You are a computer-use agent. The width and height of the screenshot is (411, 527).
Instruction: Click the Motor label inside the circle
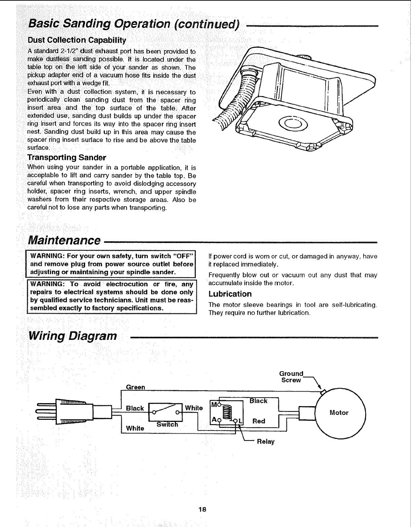pyautogui.click(x=339, y=413)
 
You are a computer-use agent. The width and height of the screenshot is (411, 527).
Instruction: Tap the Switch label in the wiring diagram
pyautogui.click(x=167, y=424)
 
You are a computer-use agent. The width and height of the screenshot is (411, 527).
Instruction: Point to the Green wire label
pyautogui.click(x=135, y=387)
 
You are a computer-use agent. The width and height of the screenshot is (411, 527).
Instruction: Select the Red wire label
pyautogui.click(x=259, y=421)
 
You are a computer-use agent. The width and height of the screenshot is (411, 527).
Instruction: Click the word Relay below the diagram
pyautogui.click(x=266, y=442)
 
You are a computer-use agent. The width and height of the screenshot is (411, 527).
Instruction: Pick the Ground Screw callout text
pyautogui.click(x=291, y=377)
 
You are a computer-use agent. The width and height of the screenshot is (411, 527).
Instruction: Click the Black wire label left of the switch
pyautogui.click(x=135, y=408)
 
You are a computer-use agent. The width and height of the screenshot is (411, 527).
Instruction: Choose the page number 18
pyautogui.click(x=202, y=509)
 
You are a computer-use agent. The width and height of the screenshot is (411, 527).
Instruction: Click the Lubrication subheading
pyautogui.click(x=230, y=294)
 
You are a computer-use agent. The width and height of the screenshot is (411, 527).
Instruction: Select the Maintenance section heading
pyautogui.click(x=64, y=240)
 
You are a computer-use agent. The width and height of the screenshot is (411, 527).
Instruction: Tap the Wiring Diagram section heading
pyautogui.click(x=73, y=336)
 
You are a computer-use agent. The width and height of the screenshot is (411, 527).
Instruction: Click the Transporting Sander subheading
pyautogui.click(x=67, y=158)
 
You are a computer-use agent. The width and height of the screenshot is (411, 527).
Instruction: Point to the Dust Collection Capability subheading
pyautogui.click(x=77, y=41)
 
